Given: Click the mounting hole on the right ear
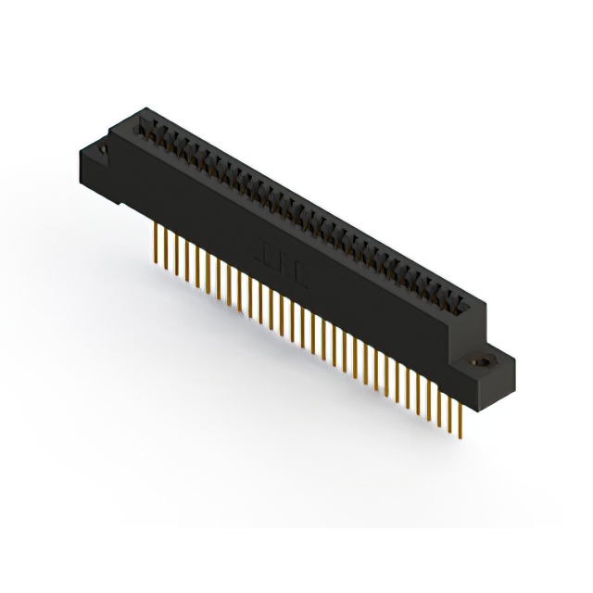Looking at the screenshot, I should [481, 363].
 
